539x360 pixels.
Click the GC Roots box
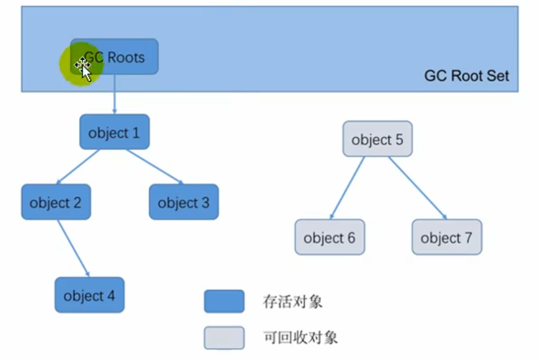(x=119, y=57)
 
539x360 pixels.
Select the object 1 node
(x=114, y=132)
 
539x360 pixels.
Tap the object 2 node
(x=56, y=202)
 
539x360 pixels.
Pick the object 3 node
(x=184, y=202)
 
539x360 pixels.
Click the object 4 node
(x=89, y=295)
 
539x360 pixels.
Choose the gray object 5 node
(x=377, y=139)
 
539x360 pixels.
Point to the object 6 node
(x=330, y=237)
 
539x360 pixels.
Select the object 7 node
(x=446, y=237)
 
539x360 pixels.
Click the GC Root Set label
(x=466, y=76)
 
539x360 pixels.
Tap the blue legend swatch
(x=224, y=301)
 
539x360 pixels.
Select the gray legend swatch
(x=224, y=337)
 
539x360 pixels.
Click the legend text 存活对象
(x=293, y=302)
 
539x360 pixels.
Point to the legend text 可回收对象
(x=300, y=338)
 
